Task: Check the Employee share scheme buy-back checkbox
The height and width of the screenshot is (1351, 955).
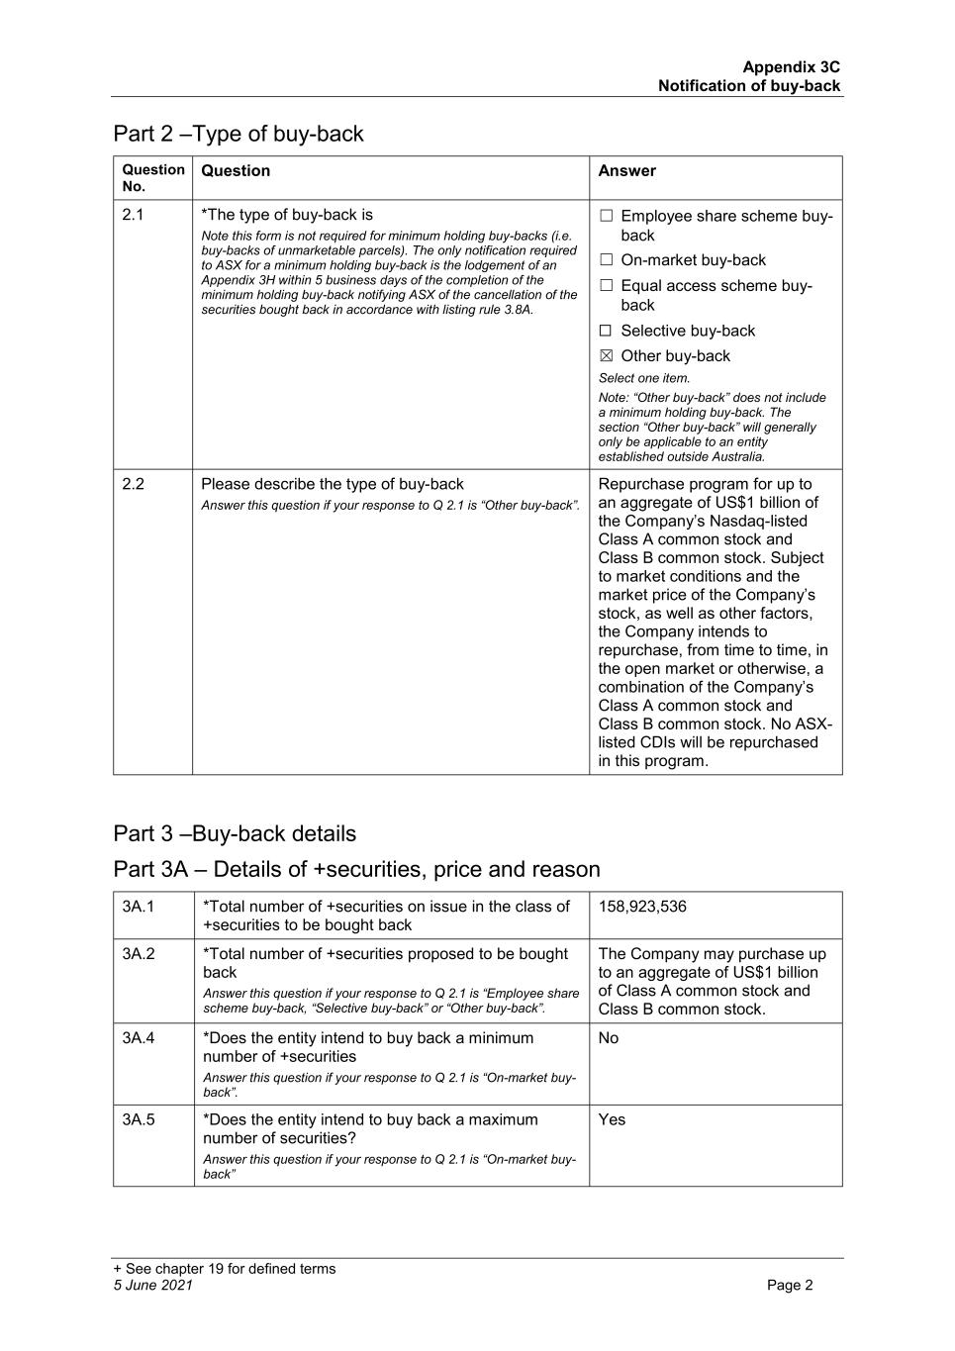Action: [x=606, y=216]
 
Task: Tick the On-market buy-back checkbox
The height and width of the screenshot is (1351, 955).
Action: [x=606, y=260]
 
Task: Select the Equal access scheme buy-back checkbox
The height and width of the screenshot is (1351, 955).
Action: [x=606, y=286]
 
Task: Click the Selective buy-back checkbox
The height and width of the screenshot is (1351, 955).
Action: [x=606, y=331]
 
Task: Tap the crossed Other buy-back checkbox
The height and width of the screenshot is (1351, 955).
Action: [x=606, y=356]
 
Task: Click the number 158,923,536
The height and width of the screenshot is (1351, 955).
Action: [x=641, y=907]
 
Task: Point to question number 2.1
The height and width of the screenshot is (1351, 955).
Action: [x=133, y=215]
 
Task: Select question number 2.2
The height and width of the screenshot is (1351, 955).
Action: [x=133, y=484]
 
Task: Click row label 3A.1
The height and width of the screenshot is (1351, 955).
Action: [x=139, y=907]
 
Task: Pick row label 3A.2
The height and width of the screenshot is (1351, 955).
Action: [x=139, y=954]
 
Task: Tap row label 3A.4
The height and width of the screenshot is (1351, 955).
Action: [x=139, y=1038]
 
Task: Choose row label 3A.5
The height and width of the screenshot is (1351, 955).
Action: [x=139, y=1119]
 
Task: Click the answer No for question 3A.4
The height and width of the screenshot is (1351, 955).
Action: [x=609, y=1038]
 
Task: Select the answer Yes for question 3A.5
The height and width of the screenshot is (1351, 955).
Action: [x=612, y=1119]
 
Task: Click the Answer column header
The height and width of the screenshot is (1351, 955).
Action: [x=626, y=171]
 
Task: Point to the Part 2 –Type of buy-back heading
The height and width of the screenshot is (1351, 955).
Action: [x=239, y=134]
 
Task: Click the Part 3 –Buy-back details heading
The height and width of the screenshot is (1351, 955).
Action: [x=235, y=833]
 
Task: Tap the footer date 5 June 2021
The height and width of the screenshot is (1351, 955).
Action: [x=153, y=1286]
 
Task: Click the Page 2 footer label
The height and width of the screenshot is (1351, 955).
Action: [x=790, y=1286]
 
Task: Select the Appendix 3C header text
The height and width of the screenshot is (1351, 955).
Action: [x=791, y=67]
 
